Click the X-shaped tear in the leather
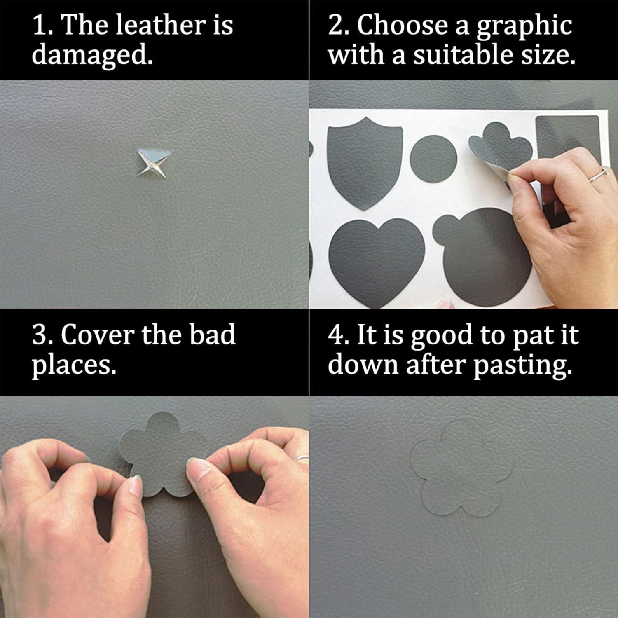click(153, 163)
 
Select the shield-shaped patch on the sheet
click(364, 163)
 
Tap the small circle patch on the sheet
click(435, 159)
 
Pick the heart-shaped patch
click(371, 260)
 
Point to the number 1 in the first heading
click(40, 26)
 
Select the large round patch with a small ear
click(486, 255)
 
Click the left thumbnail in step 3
click(134, 486)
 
